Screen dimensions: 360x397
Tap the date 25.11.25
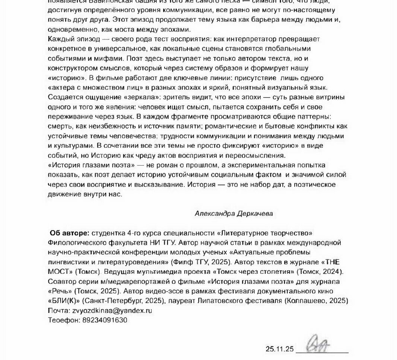pos(280,349)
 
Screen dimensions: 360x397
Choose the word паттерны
pos(315,117)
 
